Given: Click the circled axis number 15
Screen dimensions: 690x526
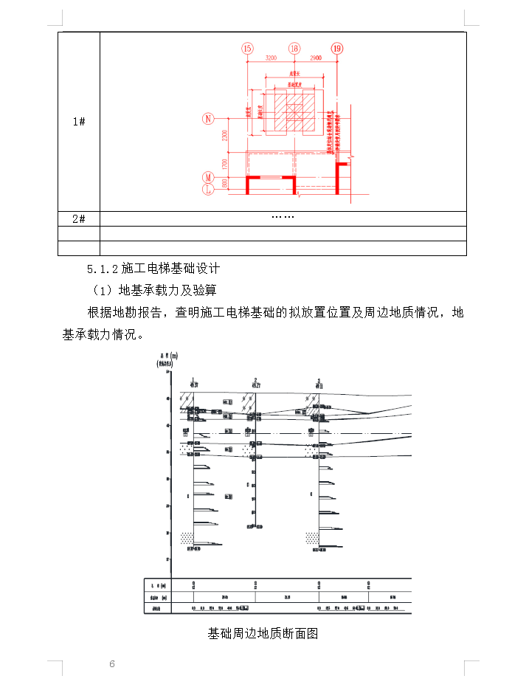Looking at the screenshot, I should [247, 49].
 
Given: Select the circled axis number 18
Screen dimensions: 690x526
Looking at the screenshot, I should [294, 49].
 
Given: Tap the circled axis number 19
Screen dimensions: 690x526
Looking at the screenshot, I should [337, 49].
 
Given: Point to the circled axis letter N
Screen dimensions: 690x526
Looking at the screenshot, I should [209, 118].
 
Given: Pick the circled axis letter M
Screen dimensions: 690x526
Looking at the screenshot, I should [209, 178].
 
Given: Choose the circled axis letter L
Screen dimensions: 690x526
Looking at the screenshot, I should [209, 190].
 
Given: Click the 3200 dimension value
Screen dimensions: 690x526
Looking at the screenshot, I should [270, 57].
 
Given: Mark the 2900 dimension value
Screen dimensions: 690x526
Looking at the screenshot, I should [315, 57].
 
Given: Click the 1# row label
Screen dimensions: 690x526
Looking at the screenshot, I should [79, 122].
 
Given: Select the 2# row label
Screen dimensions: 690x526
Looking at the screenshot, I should [79, 218].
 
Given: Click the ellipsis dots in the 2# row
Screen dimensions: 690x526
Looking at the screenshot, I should [283, 218].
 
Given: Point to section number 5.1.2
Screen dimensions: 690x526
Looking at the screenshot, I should [103, 268].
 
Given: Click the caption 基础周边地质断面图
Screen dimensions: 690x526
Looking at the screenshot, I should [263, 633].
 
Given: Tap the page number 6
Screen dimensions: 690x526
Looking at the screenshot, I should [112, 664].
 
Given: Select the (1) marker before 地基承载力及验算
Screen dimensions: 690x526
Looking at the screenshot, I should [101, 290].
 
